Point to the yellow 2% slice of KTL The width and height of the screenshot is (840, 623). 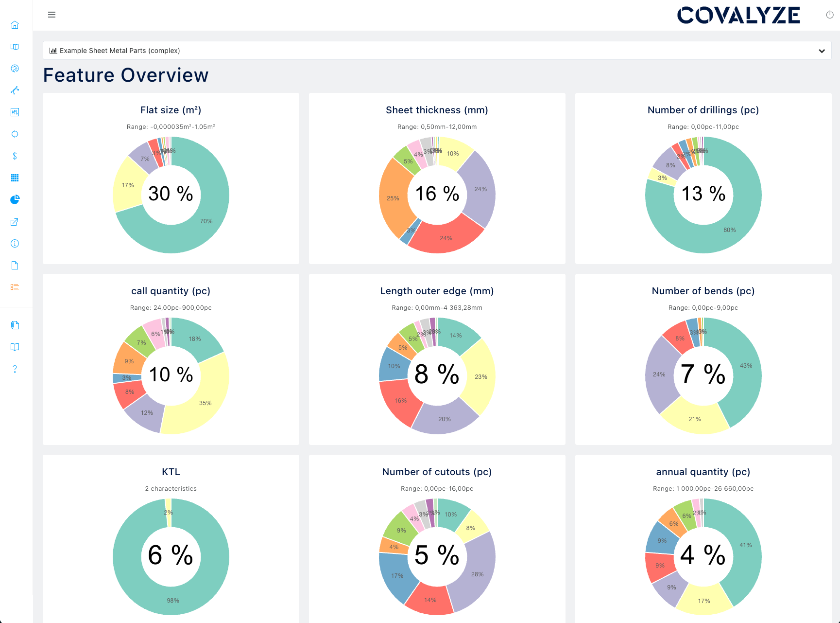tap(169, 513)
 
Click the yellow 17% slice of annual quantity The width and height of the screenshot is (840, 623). tap(703, 601)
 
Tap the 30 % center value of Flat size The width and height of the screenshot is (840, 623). tap(171, 194)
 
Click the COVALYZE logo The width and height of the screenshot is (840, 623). tap(738, 16)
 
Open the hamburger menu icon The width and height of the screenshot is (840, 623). tap(51, 15)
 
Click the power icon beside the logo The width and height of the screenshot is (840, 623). tap(830, 15)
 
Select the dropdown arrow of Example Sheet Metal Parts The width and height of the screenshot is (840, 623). tap(822, 51)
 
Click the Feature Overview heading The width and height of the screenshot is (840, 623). tap(126, 75)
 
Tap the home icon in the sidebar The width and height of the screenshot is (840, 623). tap(15, 25)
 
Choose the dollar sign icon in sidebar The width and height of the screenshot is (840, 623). tap(15, 156)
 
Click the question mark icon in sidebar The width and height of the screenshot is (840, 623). tap(15, 369)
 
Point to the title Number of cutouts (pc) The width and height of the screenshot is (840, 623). tap(437, 472)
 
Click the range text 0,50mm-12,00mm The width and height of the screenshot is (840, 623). tap(437, 127)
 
